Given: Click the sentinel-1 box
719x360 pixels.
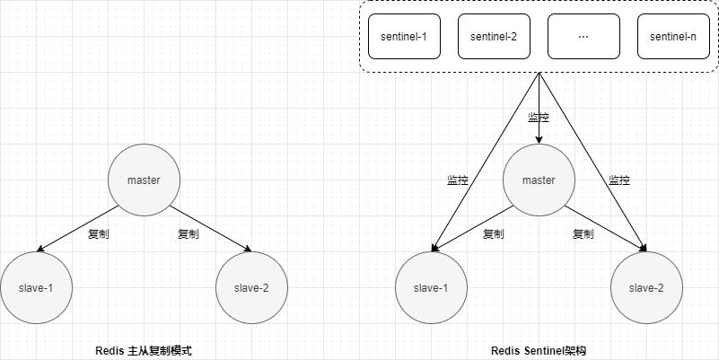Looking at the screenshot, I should [x=404, y=37].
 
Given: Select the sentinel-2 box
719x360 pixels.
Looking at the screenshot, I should [x=494, y=37].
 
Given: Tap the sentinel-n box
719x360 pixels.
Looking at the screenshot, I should [x=673, y=37].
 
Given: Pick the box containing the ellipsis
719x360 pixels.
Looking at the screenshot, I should [x=583, y=37].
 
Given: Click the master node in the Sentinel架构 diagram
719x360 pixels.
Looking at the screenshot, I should [x=539, y=180].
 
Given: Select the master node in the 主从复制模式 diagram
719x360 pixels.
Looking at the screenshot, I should [x=144, y=180].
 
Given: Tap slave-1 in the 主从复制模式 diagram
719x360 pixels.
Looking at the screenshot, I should [x=36, y=287].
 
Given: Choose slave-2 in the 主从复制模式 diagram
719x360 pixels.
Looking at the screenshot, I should [x=251, y=287].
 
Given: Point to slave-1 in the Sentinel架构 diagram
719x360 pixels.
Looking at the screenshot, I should [x=431, y=287].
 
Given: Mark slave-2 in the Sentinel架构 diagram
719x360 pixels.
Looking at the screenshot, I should [x=646, y=287].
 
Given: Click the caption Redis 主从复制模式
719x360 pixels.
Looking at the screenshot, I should [x=144, y=351].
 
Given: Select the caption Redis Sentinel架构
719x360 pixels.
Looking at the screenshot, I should [x=539, y=351].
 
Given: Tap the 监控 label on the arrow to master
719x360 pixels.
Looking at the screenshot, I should [x=539, y=118].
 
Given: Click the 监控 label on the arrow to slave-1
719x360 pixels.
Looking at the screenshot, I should [x=458, y=180].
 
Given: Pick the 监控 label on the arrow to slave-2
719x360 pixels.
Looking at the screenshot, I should [x=619, y=180].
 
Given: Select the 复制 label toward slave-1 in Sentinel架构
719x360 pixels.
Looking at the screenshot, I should [x=494, y=234].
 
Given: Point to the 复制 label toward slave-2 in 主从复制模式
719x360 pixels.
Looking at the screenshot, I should [x=189, y=234].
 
